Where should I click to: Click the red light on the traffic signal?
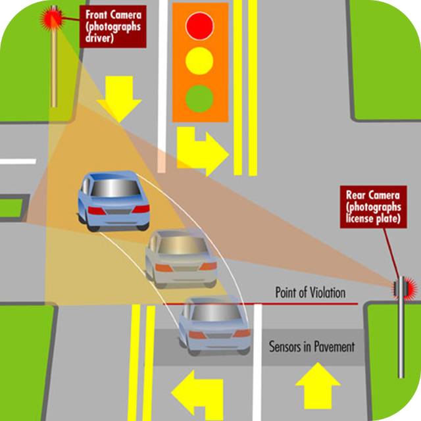point(200,26)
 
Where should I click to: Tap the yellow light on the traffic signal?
point(200,61)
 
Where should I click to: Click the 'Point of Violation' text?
point(310,293)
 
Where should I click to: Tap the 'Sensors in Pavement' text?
point(312,346)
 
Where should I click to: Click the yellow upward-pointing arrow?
point(317,387)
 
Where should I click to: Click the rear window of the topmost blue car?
point(114,189)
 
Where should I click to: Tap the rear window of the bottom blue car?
point(214,314)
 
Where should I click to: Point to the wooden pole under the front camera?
point(54,66)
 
